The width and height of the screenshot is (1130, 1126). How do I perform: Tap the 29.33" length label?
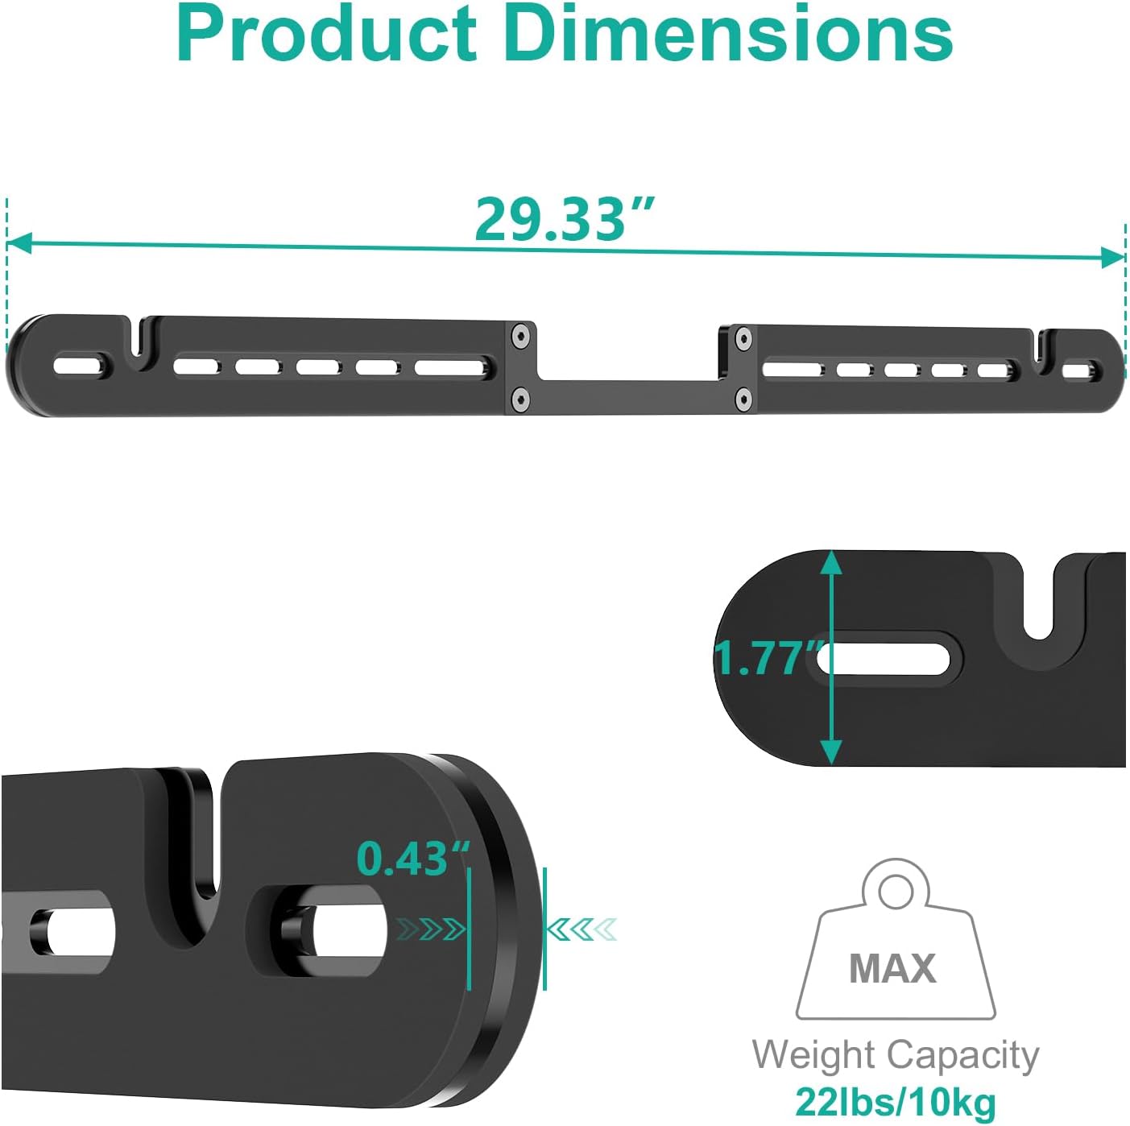click(x=564, y=219)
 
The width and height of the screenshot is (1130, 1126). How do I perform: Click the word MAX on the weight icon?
click(x=892, y=968)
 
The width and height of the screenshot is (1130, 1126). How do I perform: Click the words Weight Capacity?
click(x=896, y=1055)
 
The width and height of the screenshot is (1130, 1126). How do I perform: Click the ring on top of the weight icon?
click(x=895, y=891)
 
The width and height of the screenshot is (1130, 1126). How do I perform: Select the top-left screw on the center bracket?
click(x=521, y=335)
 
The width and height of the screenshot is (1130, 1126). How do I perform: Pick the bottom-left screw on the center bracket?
click(x=521, y=397)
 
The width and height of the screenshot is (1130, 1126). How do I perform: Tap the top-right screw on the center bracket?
click(x=743, y=338)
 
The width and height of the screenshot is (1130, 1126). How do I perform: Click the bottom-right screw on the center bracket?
click(x=743, y=398)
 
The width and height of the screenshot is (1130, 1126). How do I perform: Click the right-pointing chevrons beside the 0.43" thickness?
click(x=432, y=929)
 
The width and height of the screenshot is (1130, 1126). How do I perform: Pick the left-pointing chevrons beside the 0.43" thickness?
click(x=582, y=929)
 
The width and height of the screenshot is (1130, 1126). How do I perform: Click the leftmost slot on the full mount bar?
click(x=80, y=365)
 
